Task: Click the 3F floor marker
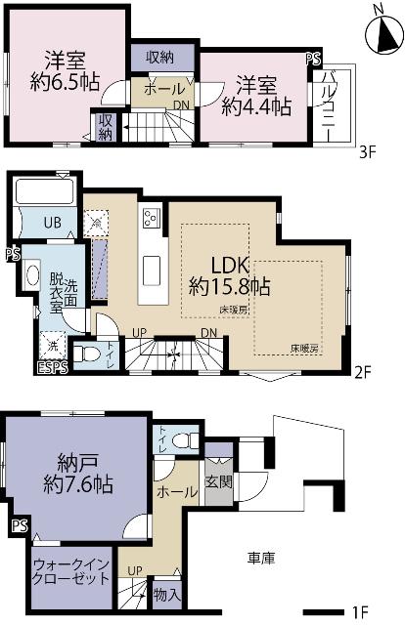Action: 366,152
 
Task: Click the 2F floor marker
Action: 364,372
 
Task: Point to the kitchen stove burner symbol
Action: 152,217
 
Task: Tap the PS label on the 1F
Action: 19,527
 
